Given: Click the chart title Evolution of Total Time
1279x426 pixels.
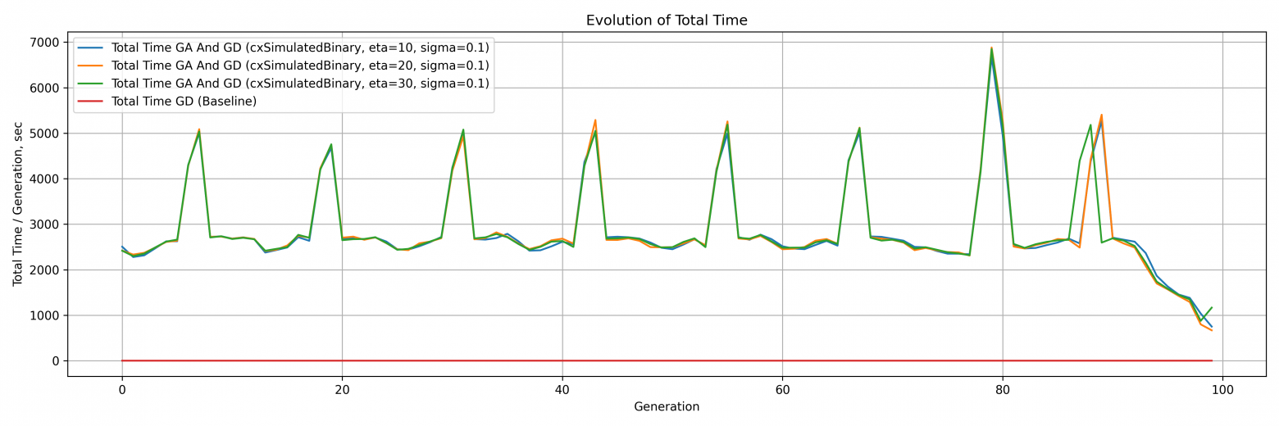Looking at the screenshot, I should [666, 20].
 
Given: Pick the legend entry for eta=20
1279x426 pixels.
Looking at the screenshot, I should [300, 66].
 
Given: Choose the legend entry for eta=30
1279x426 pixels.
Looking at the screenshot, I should [300, 84].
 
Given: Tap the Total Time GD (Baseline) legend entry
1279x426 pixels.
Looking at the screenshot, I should [184, 102].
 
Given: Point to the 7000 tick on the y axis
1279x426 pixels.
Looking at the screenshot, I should [44, 43].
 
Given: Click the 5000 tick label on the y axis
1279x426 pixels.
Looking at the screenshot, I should [44, 134].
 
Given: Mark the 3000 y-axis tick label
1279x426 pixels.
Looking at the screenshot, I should [44, 224].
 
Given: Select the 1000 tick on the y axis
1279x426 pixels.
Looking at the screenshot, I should [44, 315].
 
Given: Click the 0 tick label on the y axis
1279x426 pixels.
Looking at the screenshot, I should [55, 361].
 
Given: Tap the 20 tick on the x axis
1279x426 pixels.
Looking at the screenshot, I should [342, 389].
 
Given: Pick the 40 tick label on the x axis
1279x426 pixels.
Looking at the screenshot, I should [562, 389].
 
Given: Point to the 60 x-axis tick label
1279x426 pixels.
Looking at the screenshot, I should [782, 389].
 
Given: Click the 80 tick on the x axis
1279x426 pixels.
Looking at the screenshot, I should [1003, 389].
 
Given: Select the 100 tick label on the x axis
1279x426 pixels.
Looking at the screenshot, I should [1222, 389].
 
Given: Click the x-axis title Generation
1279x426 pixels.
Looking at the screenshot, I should [666, 407].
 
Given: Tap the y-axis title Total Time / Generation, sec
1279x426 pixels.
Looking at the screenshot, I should [18, 204].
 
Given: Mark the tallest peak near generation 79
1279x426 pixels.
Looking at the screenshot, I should [991, 48].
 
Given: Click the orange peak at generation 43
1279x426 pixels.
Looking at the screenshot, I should [595, 120].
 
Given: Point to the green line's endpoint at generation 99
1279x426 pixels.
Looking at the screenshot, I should [1212, 308].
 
